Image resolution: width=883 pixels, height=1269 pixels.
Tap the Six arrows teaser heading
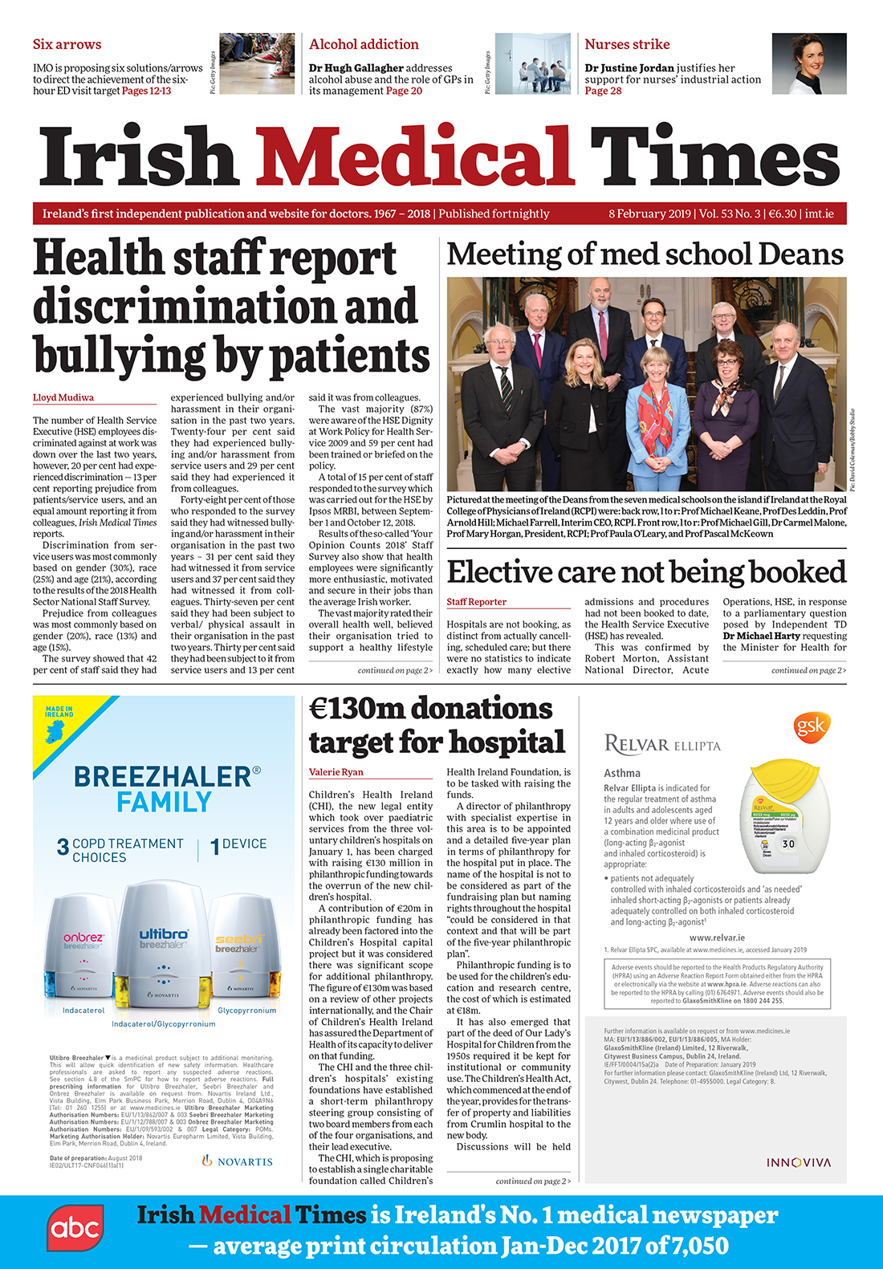point(67,44)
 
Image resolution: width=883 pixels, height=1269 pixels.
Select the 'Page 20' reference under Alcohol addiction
point(404,91)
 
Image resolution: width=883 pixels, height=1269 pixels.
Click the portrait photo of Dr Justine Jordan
point(808,63)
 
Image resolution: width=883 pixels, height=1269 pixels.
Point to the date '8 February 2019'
point(649,214)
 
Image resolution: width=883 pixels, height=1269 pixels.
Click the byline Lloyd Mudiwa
point(63,397)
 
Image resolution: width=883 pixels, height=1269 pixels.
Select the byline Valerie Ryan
point(336,771)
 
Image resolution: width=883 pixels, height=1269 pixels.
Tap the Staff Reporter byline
point(476,601)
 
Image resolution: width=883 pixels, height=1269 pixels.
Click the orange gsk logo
point(811,726)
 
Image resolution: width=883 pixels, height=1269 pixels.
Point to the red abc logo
point(75,1229)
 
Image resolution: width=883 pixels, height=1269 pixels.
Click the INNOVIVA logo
point(798,1162)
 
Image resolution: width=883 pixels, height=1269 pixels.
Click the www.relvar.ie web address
point(716,937)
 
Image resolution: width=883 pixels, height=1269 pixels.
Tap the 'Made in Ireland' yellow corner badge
point(60,718)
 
